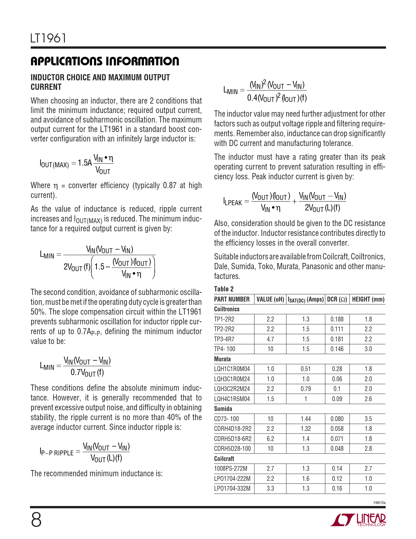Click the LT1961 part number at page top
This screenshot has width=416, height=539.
pos(48,39)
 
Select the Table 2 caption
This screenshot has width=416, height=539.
pos(224,289)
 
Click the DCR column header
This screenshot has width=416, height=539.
pos(337,299)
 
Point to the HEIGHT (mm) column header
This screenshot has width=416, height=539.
pos(368,299)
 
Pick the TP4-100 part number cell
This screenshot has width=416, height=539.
pos(224,349)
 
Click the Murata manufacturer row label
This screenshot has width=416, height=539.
pos(222,359)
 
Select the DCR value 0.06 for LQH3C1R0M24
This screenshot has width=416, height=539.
pos(337,379)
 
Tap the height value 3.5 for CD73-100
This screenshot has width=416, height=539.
pos(368,419)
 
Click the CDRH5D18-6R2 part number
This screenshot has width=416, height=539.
pos(233,439)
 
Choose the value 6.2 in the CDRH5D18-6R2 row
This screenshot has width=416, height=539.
pos(270,439)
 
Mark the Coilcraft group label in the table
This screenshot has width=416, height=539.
pos(224,459)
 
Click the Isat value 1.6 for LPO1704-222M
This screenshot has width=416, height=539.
pos(305,479)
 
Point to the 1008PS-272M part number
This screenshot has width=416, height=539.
pos(231,469)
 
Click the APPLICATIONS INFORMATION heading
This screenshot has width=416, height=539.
pos(105,61)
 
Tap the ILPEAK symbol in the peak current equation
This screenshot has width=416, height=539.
pos(233,202)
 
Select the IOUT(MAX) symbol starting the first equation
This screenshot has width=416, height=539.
pos(54,164)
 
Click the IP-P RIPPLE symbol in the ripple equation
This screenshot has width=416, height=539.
pos(56,452)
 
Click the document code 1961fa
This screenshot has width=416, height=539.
pos(379,503)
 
